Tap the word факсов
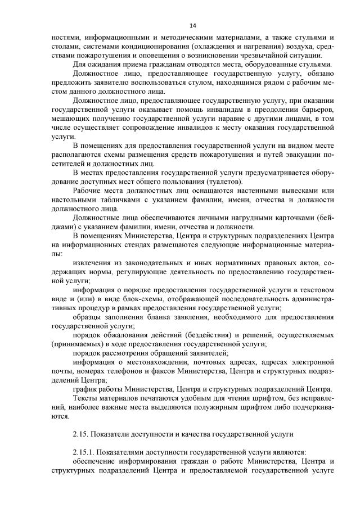190,371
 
